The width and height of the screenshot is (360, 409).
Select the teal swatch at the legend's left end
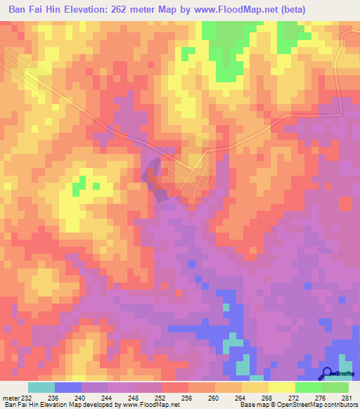point(41,387)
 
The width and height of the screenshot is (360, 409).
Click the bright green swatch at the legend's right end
point(335,387)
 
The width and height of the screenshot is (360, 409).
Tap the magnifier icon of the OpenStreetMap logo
point(327,372)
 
